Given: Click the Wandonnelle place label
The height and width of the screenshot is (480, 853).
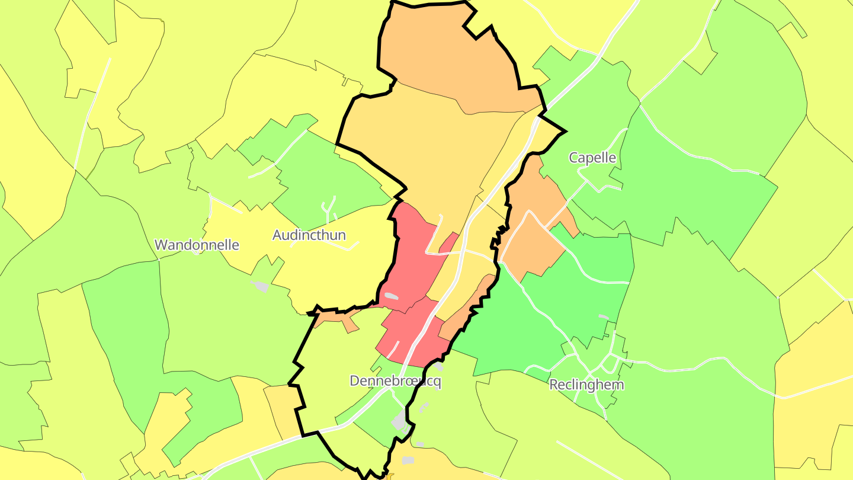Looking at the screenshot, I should coord(197,245).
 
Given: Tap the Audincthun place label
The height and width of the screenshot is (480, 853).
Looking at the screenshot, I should coord(309,235).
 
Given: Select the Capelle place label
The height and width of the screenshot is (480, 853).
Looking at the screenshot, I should coord(592,158).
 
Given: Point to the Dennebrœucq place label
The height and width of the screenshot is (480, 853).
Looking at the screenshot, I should coord(395,381).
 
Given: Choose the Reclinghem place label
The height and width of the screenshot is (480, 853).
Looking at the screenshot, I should coord(586,385).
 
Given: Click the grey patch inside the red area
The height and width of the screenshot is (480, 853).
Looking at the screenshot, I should coord(392,295).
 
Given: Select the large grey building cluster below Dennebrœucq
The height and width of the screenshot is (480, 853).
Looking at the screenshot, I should coord(400,421).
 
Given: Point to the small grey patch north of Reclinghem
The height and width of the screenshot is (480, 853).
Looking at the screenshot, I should coord(603,317).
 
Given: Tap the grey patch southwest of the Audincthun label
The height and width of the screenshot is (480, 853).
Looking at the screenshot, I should coord(260,286).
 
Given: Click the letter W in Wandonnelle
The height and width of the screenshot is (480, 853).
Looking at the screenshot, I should coord(160,245).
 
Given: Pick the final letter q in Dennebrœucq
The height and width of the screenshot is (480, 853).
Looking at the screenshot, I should coord(437,382).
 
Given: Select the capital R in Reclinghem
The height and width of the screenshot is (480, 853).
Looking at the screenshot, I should coord(554,385).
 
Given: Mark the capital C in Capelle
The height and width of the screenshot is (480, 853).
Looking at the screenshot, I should coord(573,158).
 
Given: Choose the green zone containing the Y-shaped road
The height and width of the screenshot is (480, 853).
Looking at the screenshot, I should coord(332,178).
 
